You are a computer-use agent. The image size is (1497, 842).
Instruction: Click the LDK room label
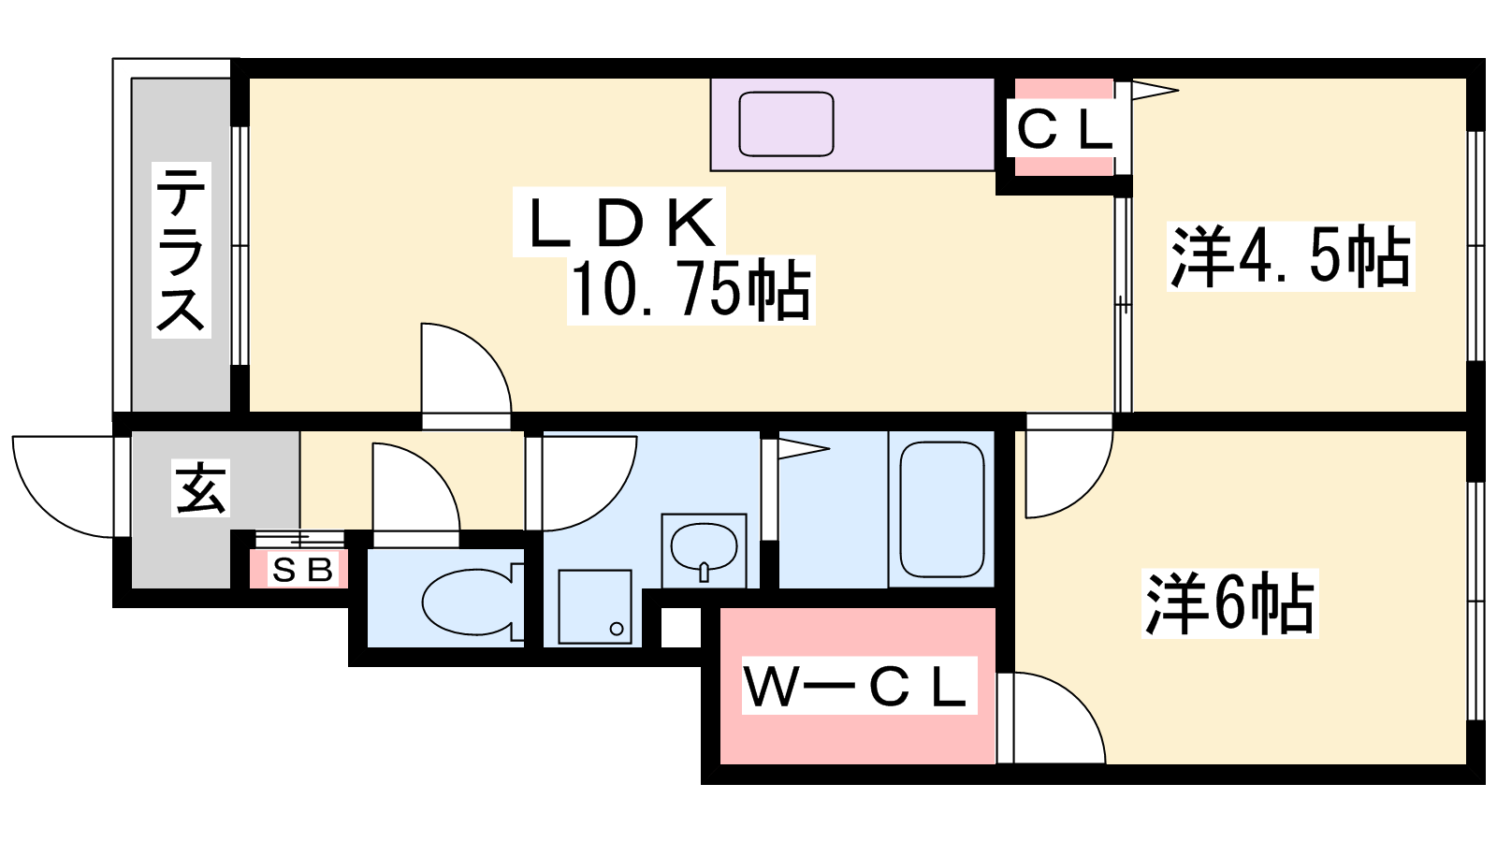pyautogui.click(x=621, y=223)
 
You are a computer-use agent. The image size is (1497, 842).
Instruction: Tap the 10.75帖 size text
pyautogui.click(x=691, y=289)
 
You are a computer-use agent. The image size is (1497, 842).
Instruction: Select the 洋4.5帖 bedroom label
pyautogui.click(x=1290, y=256)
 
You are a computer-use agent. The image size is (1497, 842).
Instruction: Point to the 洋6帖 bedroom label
pyautogui.click(x=1229, y=603)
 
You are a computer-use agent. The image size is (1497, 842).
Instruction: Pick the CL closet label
pyautogui.click(x=1064, y=130)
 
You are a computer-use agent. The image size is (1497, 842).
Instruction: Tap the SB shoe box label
pyautogui.click(x=302, y=570)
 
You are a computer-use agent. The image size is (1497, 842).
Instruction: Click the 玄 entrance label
pyautogui.click(x=200, y=487)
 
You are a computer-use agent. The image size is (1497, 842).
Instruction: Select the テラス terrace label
pyautogui.click(x=181, y=249)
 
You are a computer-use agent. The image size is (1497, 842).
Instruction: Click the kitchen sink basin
pyautogui.click(x=786, y=124)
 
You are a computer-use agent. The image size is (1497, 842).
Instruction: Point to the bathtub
pyautogui.click(x=941, y=509)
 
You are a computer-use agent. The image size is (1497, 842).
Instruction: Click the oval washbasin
pyautogui.click(x=704, y=548)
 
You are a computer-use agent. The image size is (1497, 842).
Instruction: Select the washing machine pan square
pyautogui.click(x=595, y=607)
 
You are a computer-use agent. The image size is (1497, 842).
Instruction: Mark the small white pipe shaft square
pyautogui.click(x=681, y=627)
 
